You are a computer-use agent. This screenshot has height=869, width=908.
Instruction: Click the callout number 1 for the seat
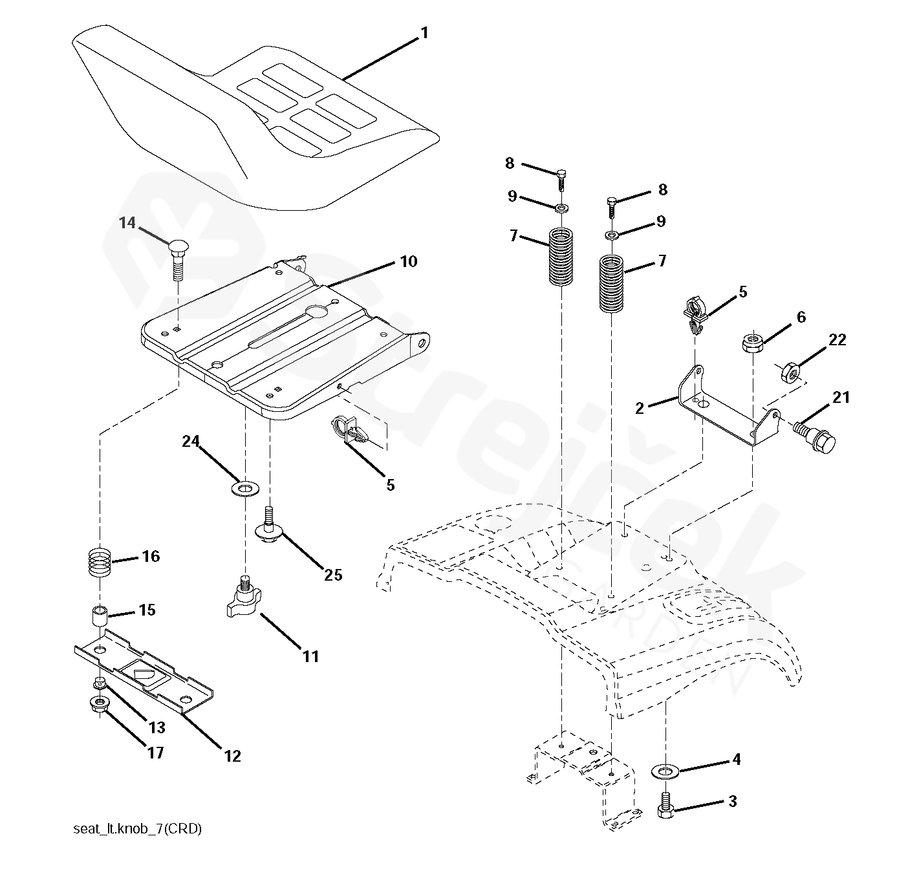coord(424,32)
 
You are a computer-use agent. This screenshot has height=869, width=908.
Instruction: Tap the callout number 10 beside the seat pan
coord(408,262)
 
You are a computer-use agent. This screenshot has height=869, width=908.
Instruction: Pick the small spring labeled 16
coord(100,562)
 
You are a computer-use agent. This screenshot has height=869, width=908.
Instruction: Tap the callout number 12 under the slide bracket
coord(232,756)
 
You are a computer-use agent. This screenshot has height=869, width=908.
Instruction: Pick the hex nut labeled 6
coord(751,342)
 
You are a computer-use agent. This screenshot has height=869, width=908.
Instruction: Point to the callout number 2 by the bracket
coord(640,408)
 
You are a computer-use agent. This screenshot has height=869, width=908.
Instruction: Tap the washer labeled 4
coord(663,771)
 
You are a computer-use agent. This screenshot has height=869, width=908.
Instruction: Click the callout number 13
coord(157,727)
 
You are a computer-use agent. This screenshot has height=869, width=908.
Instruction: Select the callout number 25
coord(333,575)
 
